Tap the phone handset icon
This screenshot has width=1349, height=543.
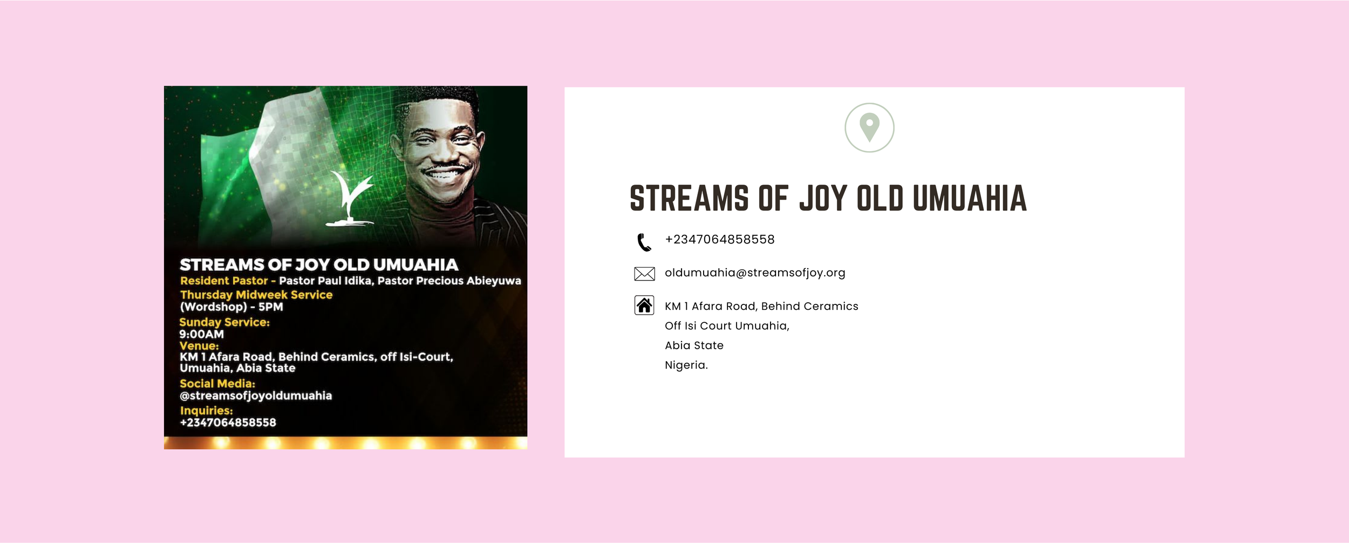(x=644, y=242)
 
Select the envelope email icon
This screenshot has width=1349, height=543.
(x=644, y=274)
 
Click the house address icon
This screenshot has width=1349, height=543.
(x=644, y=305)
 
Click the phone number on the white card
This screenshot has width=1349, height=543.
(x=720, y=240)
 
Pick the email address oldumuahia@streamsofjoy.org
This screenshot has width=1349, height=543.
(x=755, y=273)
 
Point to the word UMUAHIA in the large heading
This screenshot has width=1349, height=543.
(x=970, y=198)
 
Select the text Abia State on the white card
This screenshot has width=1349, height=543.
(x=694, y=345)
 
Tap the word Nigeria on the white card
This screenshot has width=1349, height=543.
(x=686, y=365)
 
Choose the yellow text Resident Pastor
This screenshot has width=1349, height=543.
(x=224, y=281)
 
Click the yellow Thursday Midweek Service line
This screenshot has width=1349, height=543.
(x=256, y=295)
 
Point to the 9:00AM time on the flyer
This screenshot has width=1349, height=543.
(x=202, y=334)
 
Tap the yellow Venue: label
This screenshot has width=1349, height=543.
(x=199, y=346)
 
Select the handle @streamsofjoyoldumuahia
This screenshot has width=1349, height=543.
(x=256, y=396)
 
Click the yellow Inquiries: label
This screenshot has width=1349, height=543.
(x=206, y=411)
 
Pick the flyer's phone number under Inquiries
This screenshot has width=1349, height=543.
(x=228, y=423)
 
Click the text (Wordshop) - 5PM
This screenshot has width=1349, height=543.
(x=231, y=307)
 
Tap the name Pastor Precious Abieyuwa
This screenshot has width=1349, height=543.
(x=449, y=281)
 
